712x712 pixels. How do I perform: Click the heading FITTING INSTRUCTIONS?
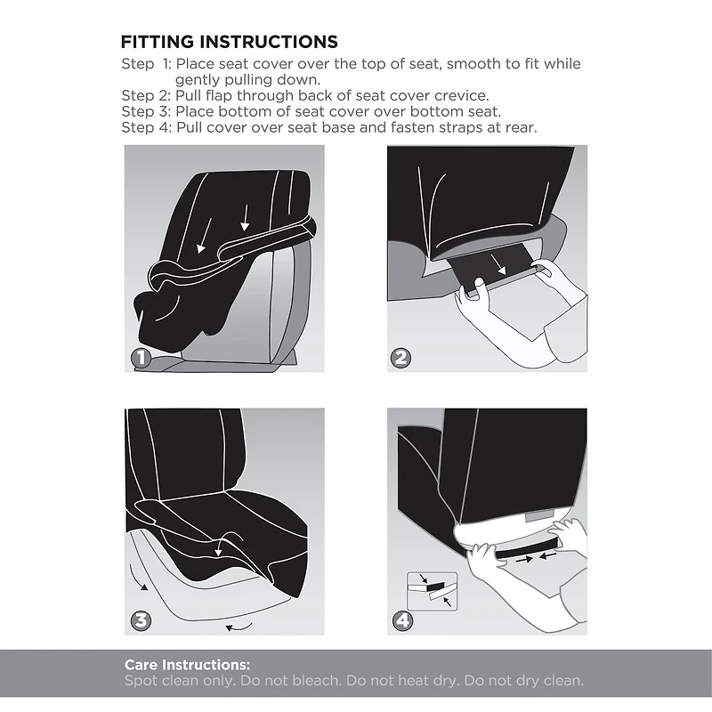(229, 42)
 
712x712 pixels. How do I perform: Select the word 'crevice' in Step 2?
(456, 96)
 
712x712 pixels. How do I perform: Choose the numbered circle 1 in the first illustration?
(139, 359)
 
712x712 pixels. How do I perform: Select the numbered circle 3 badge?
(139, 619)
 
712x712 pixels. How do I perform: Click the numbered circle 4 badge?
(402, 619)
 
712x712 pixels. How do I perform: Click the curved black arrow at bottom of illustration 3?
(235, 628)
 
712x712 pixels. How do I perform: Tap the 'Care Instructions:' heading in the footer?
(187, 665)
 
